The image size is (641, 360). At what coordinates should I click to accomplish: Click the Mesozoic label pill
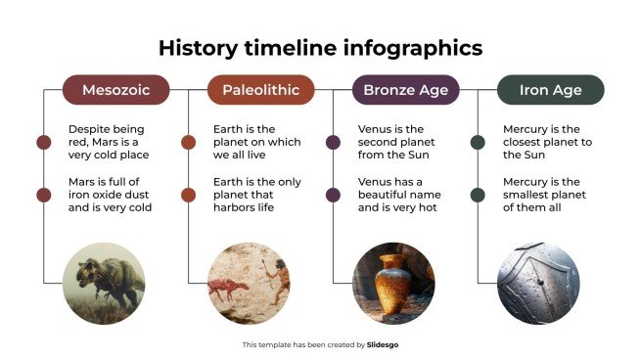click(115, 90)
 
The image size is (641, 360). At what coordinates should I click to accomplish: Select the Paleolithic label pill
click(260, 90)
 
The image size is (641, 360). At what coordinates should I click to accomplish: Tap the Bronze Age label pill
click(404, 90)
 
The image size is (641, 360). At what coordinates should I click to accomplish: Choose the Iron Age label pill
click(550, 90)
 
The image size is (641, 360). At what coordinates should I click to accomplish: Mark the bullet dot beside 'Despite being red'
click(43, 143)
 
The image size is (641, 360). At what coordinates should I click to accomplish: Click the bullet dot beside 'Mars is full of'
click(43, 195)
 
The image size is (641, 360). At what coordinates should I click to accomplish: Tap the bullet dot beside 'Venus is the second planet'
click(333, 143)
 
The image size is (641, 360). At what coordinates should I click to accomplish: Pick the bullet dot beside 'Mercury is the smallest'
click(478, 195)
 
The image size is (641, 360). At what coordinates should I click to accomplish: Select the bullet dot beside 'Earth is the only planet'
click(188, 195)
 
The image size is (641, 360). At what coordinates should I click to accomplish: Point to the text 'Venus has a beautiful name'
click(395, 195)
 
